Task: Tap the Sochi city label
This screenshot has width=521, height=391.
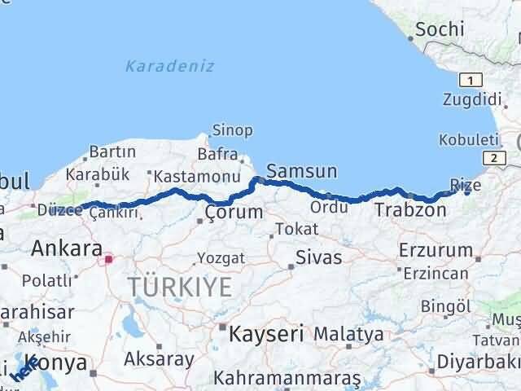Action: (440, 30)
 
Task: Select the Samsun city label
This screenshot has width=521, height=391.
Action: (301, 171)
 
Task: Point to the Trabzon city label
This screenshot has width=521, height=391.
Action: (410, 210)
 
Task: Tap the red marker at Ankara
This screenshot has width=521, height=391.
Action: (108, 260)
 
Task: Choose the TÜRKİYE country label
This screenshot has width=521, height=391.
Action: (179, 286)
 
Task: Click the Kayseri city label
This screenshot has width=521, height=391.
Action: (266, 333)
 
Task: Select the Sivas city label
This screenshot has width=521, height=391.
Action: (317, 258)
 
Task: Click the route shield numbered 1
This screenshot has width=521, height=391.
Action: (471, 80)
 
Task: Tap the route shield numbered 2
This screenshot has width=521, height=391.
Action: (493, 157)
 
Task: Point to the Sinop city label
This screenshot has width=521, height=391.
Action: (232, 130)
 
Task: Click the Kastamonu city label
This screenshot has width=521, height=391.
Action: (196, 175)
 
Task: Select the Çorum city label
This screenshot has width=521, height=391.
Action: (234, 212)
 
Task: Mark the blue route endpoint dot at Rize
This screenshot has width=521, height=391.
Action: (467, 192)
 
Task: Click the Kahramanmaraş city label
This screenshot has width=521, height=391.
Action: (287, 379)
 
